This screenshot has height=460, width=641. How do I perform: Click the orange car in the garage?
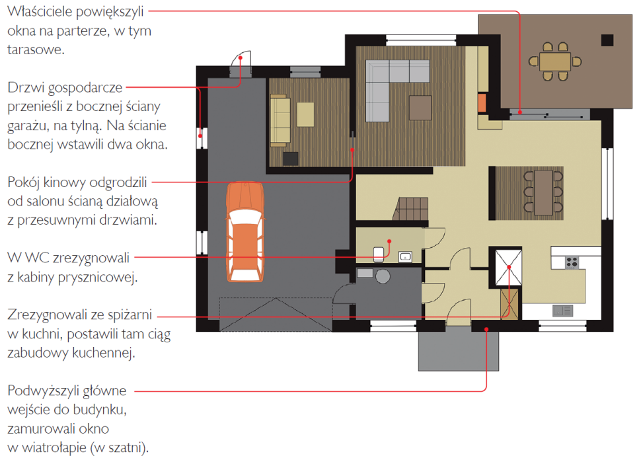tap(245, 232)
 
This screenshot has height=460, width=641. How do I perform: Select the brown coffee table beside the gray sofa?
tap(420, 108)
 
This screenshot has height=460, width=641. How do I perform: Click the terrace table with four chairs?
tap(554, 61)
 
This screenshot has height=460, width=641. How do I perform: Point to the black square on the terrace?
tap(607, 40)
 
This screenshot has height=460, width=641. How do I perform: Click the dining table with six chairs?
tap(543, 192)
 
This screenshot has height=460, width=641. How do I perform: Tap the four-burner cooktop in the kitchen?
tap(572, 262)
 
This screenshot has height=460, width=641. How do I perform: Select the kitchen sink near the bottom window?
tap(562, 311)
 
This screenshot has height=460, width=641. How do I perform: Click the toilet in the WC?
tap(379, 254)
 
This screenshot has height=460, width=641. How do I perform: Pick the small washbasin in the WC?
tap(405, 257)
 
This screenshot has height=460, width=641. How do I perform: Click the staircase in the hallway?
tap(411, 209)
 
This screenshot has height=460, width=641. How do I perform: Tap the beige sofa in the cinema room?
tap(280, 120)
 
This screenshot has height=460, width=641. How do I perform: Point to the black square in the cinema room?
tap(290, 159)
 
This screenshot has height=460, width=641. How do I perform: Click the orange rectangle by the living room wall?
tap(482, 103)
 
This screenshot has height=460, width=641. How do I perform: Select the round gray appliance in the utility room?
tap(383, 276)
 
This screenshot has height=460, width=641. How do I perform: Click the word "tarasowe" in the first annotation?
tap(36, 50)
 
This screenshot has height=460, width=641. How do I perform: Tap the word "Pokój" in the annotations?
tap(23, 182)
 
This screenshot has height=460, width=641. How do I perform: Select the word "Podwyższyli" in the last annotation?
tap(67, 391)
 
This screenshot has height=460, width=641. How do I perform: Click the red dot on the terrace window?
tap(519, 112)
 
